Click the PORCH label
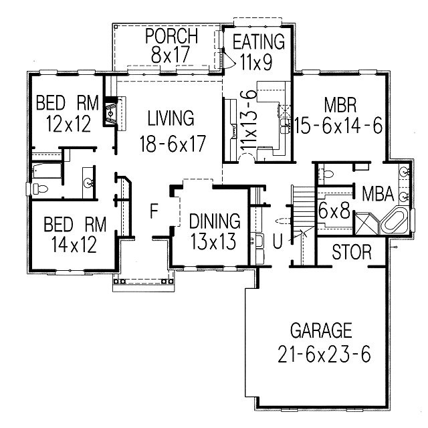[x=171, y=35]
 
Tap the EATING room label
[x=259, y=41]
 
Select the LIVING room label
[x=171, y=118]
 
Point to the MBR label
[x=340, y=105]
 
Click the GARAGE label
[x=321, y=330]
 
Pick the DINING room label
[x=215, y=221]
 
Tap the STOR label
[x=352, y=252]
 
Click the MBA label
[x=378, y=193]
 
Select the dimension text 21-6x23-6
[x=324, y=354]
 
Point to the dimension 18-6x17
[x=173, y=144]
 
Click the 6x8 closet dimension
[x=334, y=211]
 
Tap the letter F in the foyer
[x=154, y=211]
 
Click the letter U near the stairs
[x=278, y=241]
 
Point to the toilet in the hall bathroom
[x=40, y=189]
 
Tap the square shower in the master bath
[x=366, y=223]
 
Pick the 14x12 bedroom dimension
[x=74, y=244]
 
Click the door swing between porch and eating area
[x=229, y=60]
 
